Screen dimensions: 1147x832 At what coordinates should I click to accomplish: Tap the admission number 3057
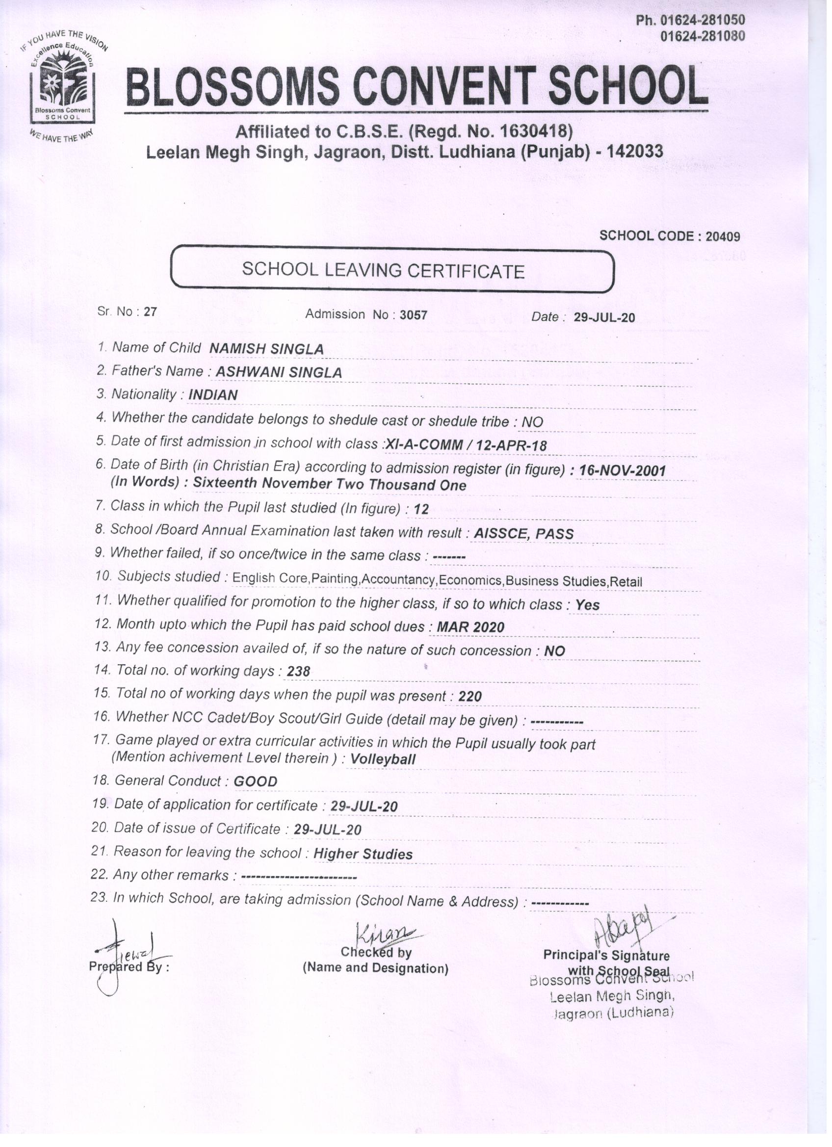(413, 315)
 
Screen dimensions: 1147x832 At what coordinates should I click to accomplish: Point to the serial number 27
(150, 312)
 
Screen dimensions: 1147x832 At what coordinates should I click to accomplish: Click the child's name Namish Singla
(266, 349)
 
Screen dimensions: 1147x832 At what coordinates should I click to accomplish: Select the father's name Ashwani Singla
(279, 373)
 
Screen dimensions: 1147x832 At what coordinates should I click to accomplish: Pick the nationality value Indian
(212, 395)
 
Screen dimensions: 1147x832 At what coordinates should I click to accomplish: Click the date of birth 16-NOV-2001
(622, 470)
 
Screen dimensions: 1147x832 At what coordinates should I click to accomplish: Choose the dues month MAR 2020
(470, 627)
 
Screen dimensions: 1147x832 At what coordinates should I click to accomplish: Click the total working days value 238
(298, 672)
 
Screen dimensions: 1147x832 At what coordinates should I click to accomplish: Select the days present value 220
(470, 697)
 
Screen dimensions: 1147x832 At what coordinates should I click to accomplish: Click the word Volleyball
(383, 759)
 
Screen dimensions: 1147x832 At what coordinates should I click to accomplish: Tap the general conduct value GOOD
(256, 782)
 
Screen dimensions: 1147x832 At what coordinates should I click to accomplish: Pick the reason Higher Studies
(363, 854)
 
